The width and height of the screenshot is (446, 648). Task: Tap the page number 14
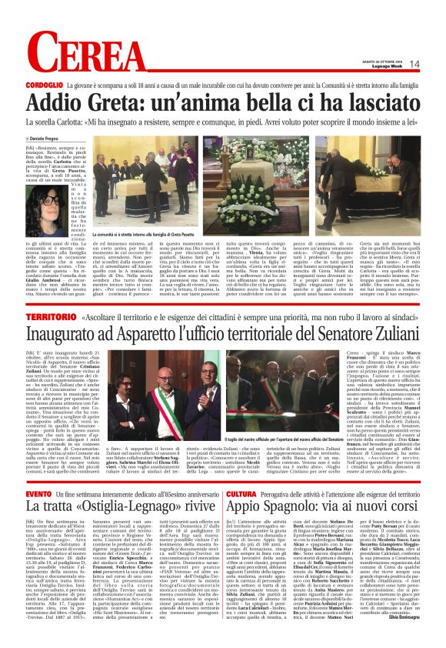(415, 64)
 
